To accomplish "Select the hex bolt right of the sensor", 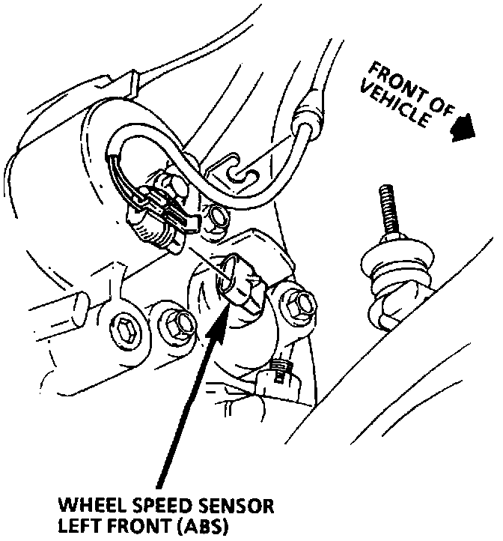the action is coord(299,304).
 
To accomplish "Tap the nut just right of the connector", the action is coord(219,218).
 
